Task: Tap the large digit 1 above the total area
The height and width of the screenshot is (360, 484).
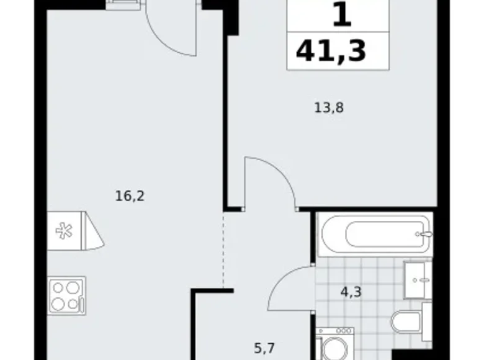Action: (341, 15)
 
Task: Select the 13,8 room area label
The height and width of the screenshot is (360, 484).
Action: (329, 107)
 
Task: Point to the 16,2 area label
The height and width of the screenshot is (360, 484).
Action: (130, 196)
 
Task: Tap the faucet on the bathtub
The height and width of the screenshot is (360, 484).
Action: (424, 235)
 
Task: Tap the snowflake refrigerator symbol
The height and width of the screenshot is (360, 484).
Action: (63, 230)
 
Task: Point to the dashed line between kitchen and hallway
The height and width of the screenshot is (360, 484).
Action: (223, 248)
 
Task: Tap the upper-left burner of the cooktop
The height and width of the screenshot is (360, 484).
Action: (58, 287)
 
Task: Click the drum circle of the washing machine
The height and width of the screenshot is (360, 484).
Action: (334, 349)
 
